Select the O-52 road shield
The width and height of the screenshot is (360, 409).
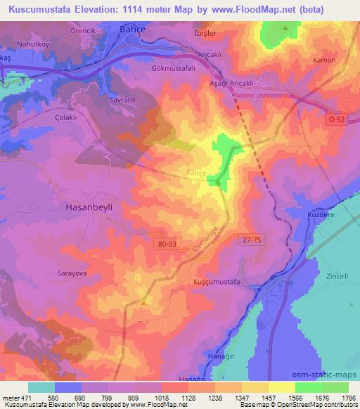[336, 120]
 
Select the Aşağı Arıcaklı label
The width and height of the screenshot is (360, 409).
[246, 82]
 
